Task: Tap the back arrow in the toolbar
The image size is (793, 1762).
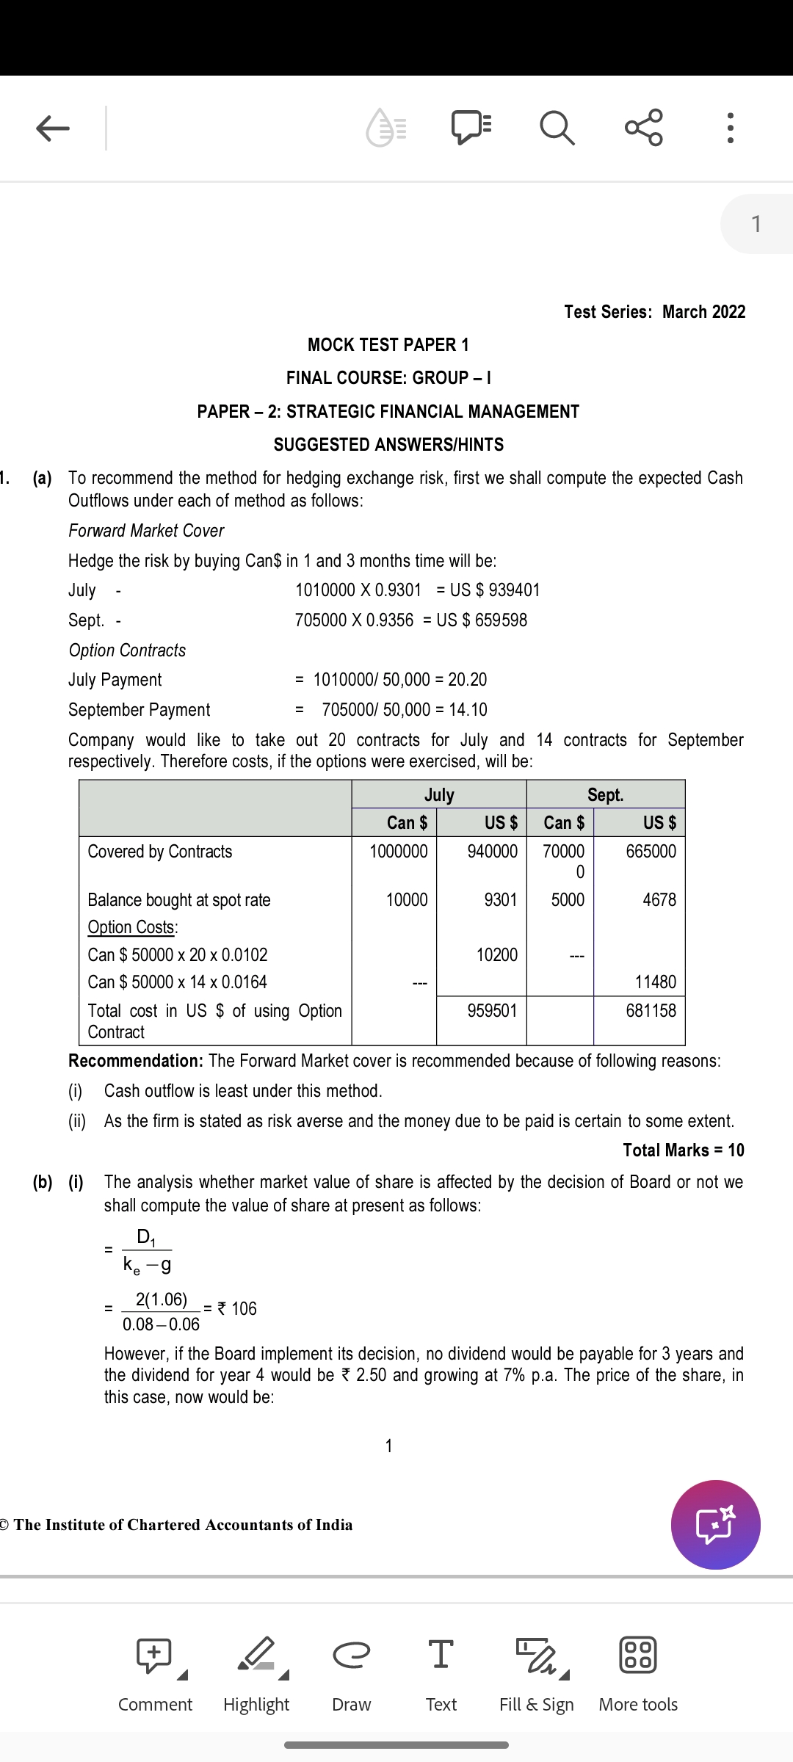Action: tap(53, 128)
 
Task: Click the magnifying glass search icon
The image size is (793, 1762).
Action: tap(557, 128)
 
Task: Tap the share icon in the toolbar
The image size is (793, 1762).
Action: tap(644, 128)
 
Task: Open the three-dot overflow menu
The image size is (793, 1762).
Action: tap(730, 128)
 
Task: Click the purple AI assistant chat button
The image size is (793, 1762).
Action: tap(715, 1525)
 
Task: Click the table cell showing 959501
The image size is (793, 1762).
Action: tap(492, 1011)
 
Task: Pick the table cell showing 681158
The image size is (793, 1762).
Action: tap(651, 1011)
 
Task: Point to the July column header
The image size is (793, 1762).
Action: tap(439, 795)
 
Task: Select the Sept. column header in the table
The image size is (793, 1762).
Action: tap(605, 795)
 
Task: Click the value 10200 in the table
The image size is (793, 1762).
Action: tap(496, 955)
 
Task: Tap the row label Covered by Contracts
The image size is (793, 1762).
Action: tap(160, 852)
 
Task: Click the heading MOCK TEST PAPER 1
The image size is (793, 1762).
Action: tap(388, 345)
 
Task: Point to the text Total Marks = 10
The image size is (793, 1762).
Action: tap(683, 1150)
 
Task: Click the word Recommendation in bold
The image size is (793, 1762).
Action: tap(135, 1061)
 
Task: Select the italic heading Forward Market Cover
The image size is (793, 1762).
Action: tap(146, 531)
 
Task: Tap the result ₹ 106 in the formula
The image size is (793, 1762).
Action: tap(237, 1309)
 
